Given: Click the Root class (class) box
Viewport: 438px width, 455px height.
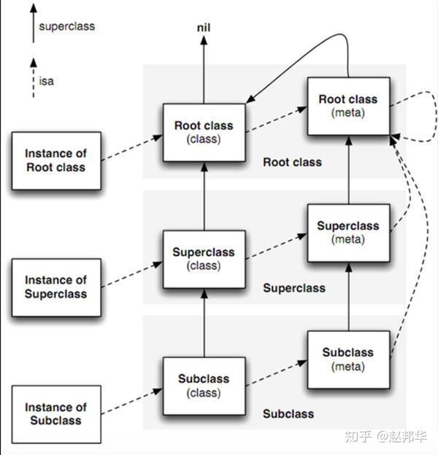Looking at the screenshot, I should [x=204, y=132].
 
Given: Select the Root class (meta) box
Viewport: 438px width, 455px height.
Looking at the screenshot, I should [x=347, y=106].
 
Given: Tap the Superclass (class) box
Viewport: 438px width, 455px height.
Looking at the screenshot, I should [x=204, y=259].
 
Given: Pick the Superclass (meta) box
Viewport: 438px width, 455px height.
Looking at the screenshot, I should [x=347, y=233].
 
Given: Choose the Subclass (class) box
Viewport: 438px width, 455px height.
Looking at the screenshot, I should [x=204, y=386].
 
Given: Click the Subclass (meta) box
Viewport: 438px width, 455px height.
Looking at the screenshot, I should [x=347, y=359].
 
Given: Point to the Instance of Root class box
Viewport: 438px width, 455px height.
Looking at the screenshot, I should [x=55, y=160].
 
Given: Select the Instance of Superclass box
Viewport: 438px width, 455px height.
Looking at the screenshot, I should [x=55, y=287].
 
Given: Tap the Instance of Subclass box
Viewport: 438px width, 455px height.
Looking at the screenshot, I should [x=55, y=413].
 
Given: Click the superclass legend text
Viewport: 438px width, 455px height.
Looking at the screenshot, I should [x=66, y=26].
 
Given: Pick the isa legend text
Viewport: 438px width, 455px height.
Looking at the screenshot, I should [x=45, y=81].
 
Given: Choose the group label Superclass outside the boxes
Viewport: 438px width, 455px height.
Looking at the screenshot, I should [x=293, y=288].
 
